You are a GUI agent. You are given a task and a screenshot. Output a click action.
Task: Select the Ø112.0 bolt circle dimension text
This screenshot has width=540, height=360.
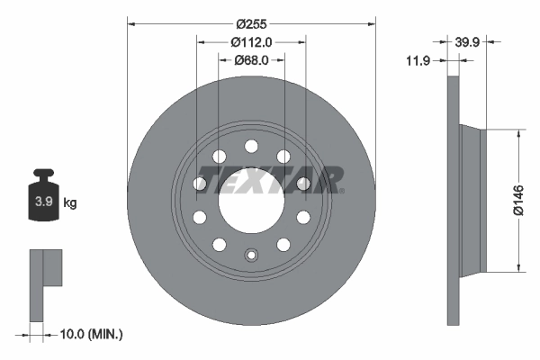pyautogui.click(x=251, y=40)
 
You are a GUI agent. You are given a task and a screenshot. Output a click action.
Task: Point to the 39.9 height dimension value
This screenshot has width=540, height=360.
pyautogui.click(x=465, y=40)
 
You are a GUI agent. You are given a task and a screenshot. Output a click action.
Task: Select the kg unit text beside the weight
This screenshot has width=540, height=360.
pyautogui.click(x=70, y=202)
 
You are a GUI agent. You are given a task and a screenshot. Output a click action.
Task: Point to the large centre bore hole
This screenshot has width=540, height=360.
pyautogui.click(x=251, y=198)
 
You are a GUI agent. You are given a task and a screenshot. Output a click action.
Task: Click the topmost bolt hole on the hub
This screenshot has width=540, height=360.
pyautogui.click(x=251, y=146)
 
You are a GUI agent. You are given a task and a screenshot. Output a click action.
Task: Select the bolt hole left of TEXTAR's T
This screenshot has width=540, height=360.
pyautogui.click(x=200, y=183)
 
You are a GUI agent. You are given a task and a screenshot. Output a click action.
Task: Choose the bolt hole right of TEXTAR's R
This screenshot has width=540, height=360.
pyautogui.click(x=303, y=183)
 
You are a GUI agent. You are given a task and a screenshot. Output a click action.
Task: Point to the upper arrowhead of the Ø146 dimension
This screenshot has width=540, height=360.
pyautogui.click(x=517, y=132)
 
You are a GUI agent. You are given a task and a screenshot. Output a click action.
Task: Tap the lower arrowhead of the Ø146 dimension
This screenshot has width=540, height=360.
pyautogui.click(x=517, y=266)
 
